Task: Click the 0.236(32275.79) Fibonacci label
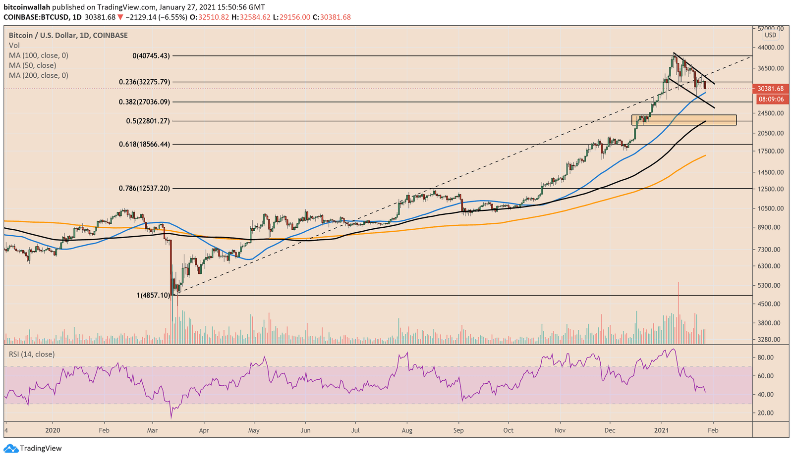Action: [144, 82]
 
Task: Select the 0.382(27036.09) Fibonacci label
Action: [144, 102]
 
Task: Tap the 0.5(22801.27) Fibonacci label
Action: [148, 121]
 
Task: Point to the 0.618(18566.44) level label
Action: [144, 144]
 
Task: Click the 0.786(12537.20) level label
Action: [144, 188]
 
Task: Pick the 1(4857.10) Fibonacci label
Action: [153, 295]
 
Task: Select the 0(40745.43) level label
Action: [151, 56]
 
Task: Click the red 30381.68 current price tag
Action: [770, 89]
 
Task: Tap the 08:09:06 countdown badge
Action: [770, 99]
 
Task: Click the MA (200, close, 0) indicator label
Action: [39, 75]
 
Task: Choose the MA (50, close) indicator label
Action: [32, 65]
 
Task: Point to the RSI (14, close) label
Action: [32, 354]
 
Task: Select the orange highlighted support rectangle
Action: [684, 120]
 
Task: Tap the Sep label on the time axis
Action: [458, 430]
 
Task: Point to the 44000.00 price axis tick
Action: [770, 48]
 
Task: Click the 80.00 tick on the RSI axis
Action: [766, 357]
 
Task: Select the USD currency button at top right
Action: [770, 35]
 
